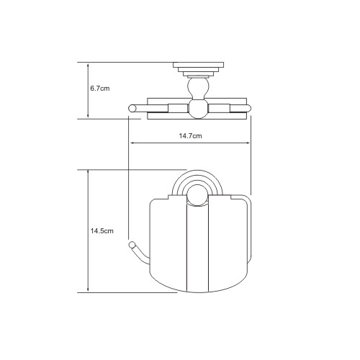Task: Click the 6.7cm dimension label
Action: (100, 89)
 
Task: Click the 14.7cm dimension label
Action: (190, 136)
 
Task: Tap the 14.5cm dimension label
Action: (102, 231)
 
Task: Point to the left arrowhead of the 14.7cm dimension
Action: (132, 143)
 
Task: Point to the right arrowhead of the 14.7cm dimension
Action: (248, 143)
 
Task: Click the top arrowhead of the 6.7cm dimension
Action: (88, 65)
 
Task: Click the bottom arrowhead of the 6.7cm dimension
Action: (88, 116)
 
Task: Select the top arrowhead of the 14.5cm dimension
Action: (88, 172)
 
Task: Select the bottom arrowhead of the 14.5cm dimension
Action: (88, 289)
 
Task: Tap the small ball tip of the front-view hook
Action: (132, 245)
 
